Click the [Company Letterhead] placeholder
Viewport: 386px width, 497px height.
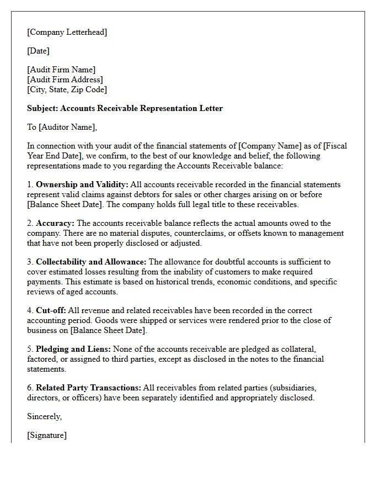click(67, 32)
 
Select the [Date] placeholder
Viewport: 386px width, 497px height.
click(38, 51)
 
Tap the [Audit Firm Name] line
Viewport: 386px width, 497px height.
click(61, 70)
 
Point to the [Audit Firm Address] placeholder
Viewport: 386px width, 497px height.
click(65, 80)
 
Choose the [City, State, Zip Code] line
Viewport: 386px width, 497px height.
click(67, 89)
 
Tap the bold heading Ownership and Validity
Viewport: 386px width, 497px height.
click(82, 184)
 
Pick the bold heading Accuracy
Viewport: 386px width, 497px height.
click(55, 223)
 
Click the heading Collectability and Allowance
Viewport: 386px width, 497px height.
click(91, 262)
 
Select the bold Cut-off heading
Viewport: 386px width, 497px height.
click(51, 310)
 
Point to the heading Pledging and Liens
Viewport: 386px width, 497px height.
click(73, 349)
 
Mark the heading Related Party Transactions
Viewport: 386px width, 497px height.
click(88, 388)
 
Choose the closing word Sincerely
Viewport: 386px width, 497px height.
click(44, 416)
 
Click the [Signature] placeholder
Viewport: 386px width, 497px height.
click(47, 435)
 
